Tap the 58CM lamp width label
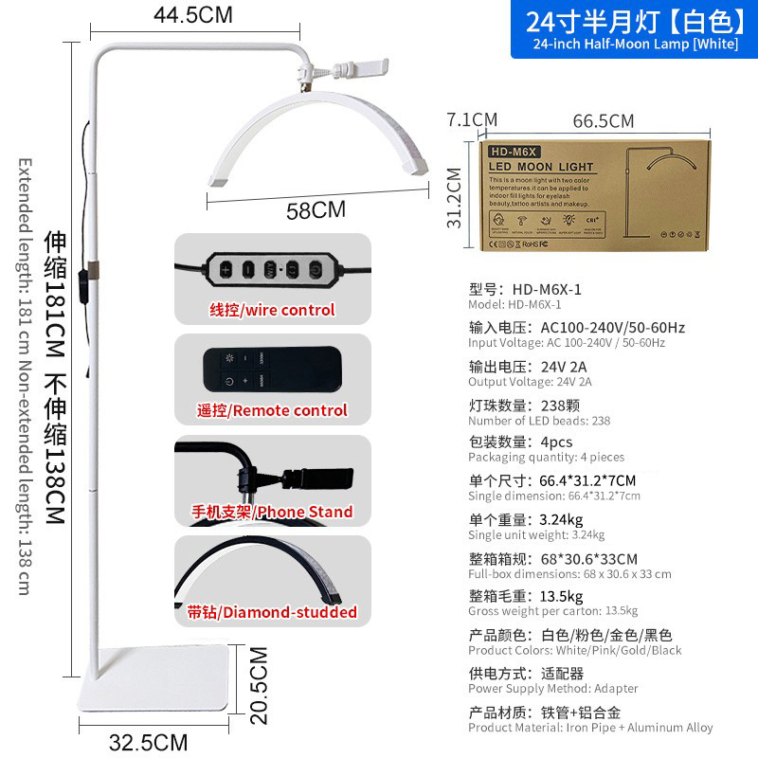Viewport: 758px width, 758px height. pyautogui.click(x=316, y=210)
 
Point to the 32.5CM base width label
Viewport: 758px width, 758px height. pyautogui.click(x=148, y=741)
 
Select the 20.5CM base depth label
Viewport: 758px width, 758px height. pyautogui.click(x=259, y=685)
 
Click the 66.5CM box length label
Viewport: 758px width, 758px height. pyautogui.click(x=603, y=121)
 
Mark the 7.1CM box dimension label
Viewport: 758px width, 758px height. pyautogui.click(x=472, y=120)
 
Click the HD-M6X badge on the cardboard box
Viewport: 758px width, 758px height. pyautogui.click(x=513, y=151)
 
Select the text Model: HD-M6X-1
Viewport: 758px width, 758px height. pyautogui.click(x=514, y=305)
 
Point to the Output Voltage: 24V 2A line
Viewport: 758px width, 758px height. pyautogui.click(x=530, y=382)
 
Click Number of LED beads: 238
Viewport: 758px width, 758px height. pyautogui.click(x=539, y=421)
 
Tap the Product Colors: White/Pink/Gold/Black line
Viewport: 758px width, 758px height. pyautogui.click(x=574, y=651)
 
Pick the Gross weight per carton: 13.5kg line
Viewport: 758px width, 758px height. pyautogui.click(x=552, y=611)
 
